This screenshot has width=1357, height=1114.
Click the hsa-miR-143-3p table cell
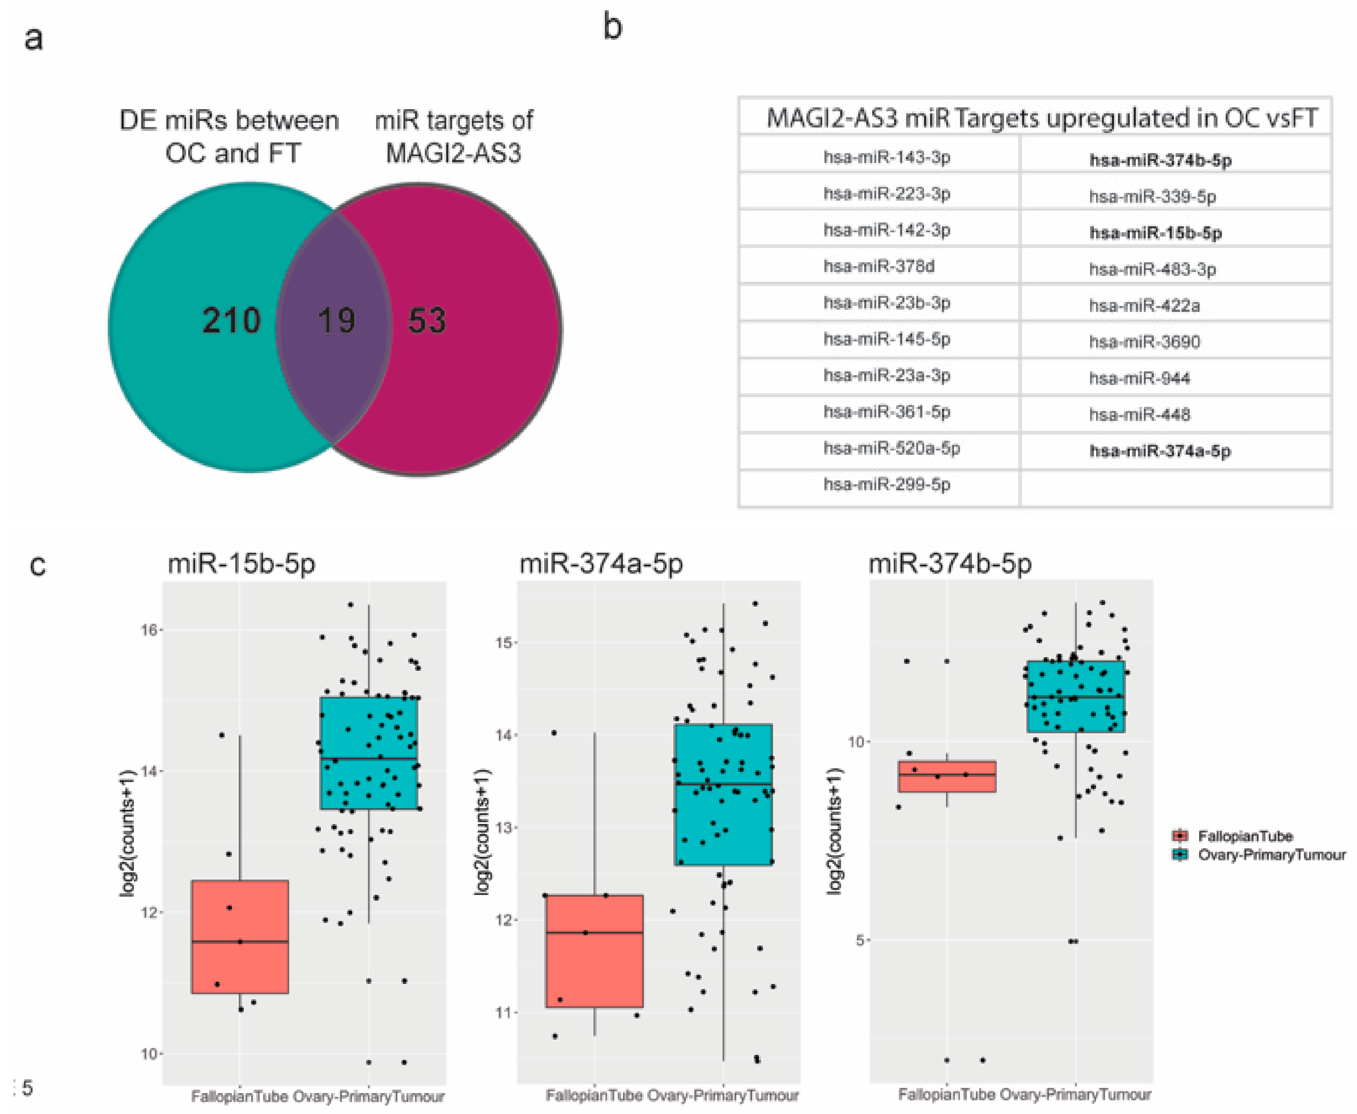[887, 158]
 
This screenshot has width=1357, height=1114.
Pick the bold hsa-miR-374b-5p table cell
[1160, 160]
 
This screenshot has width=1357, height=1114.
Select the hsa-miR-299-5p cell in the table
[887, 484]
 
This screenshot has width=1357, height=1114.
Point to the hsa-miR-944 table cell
[1140, 379]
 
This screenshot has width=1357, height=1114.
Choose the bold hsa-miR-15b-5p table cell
[1156, 233]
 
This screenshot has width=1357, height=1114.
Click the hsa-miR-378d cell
[879, 266]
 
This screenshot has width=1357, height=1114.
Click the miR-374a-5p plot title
[601, 564]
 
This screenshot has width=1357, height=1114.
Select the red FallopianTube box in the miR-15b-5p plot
[240, 937]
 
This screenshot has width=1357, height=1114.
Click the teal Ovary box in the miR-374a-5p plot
[723, 794]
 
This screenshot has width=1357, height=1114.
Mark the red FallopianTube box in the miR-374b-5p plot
[947, 776]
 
